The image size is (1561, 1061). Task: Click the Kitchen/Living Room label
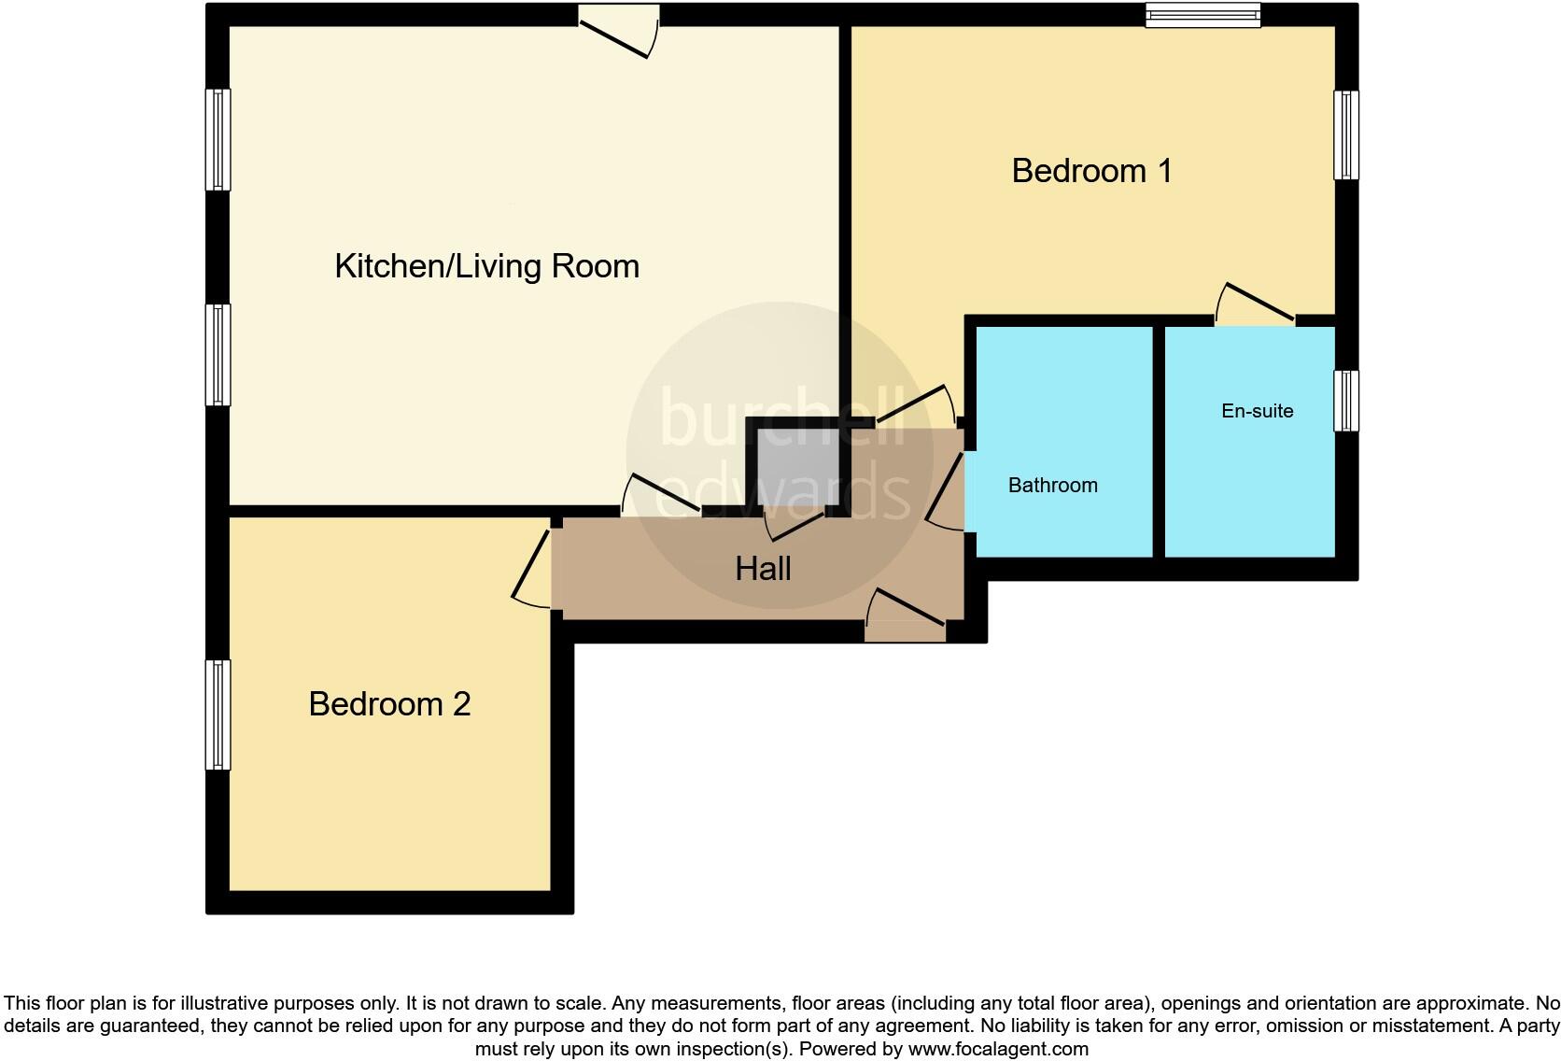486,266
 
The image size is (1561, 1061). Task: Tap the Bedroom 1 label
1091,171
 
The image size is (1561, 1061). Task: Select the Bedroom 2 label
389,703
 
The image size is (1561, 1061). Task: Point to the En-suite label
1257,411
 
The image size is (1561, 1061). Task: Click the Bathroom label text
1052,485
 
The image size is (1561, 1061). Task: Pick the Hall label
763,569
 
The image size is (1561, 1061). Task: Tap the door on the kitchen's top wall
618,32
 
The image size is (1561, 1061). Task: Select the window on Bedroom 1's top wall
1202,15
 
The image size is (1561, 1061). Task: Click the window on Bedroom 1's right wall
1345,134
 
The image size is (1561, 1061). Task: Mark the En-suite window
1345,401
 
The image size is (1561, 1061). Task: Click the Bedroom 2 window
218,714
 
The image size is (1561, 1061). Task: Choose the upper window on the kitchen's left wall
218,140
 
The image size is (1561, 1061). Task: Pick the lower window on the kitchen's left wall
218,355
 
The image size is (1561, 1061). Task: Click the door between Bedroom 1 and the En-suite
1255,305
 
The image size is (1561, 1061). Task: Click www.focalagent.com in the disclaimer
998,1049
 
